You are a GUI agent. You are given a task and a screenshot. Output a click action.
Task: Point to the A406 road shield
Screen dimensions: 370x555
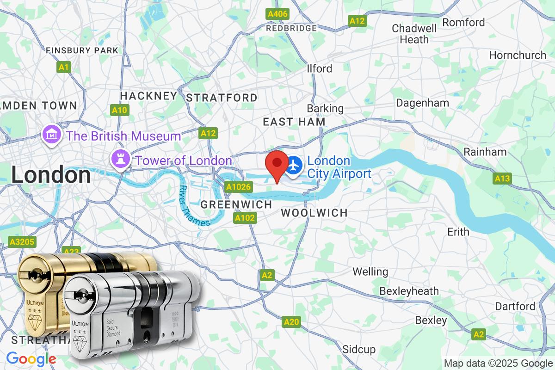click(278, 14)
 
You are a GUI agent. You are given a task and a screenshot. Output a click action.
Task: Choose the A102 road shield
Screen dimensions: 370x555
click(245, 218)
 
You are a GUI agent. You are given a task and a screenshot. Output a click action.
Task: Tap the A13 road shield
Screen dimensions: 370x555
click(502, 179)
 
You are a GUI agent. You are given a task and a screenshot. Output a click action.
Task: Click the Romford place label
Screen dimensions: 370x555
click(463, 22)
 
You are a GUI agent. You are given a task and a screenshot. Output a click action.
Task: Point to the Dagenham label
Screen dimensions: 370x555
click(422, 103)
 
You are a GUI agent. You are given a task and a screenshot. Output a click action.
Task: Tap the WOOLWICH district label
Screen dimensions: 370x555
click(314, 213)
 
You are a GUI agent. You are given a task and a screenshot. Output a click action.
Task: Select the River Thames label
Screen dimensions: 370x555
click(195, 206)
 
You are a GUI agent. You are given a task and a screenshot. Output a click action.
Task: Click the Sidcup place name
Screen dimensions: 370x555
click(359, 349)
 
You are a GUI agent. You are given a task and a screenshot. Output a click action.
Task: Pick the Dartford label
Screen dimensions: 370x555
click(515, 306)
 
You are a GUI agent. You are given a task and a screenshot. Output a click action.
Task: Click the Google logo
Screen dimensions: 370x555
click(31, 359)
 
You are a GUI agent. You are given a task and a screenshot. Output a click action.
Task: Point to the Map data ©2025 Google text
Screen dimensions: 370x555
click(499, 363)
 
